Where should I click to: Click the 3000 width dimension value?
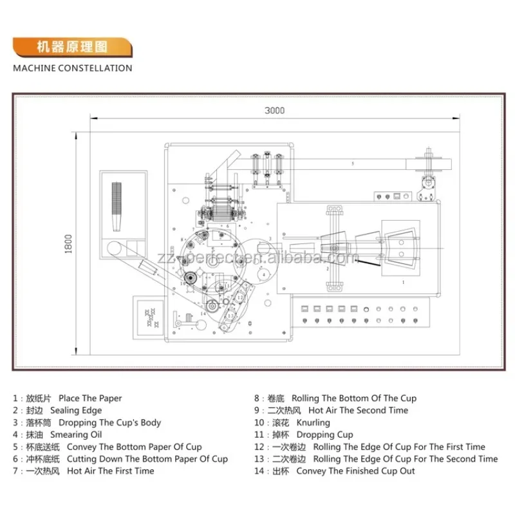[274, 111]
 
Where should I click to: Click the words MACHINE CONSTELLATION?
[72, 68]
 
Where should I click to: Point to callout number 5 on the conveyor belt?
[352, 164]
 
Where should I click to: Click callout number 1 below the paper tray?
[403, 282]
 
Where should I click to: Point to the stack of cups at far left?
[117, 206]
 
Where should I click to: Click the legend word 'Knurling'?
[313, 423]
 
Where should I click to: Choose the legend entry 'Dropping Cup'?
[324, 435]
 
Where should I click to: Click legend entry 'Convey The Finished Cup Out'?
[355, 471]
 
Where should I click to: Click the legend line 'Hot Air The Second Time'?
[358, 411]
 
